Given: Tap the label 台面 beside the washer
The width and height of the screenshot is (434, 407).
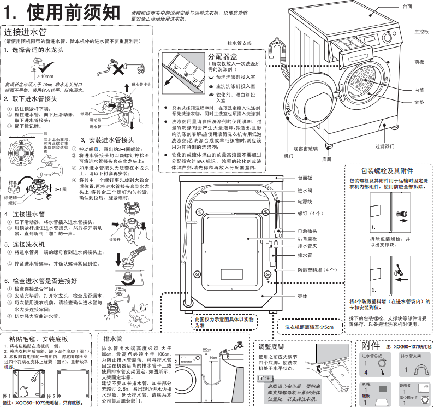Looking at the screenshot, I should [x=407, y=6].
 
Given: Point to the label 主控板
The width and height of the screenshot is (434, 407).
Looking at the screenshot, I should [x=421, y=32].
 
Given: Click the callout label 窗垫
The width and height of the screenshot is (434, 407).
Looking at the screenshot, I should [x=419, y=102].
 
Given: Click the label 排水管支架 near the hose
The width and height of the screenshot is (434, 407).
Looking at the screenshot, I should [x=239, y=43].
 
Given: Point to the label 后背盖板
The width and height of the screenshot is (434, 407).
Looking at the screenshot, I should [x=308, y=239].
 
